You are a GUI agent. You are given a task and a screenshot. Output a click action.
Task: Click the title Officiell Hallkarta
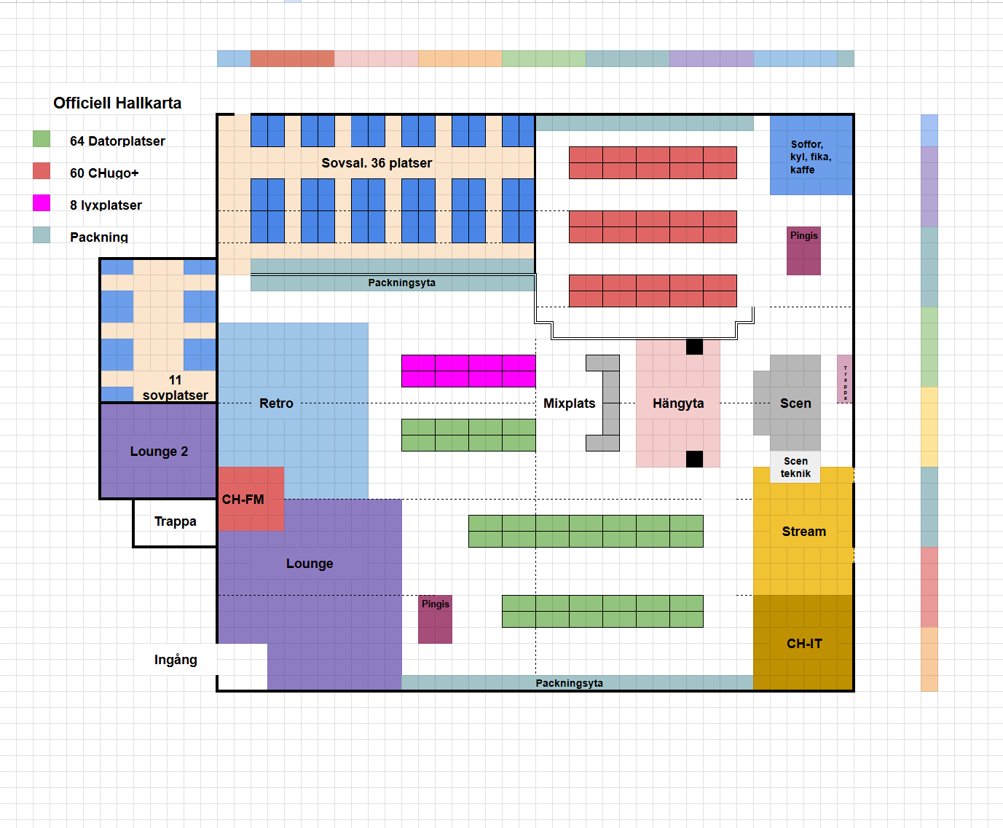click(117, 103)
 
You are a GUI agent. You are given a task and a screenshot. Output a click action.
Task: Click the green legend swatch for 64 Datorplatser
click(42, 138)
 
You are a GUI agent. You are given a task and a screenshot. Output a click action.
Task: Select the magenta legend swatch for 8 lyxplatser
click(42, 202)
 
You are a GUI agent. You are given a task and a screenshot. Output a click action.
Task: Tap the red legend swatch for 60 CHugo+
click(42, 170)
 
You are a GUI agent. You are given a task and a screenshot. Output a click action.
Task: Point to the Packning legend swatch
click(42, 234)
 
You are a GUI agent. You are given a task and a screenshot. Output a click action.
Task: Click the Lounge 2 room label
click(159, 452)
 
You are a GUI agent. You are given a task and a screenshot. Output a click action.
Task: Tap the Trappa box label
click(175, 521)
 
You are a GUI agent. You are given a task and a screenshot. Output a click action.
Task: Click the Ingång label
click(176, 660)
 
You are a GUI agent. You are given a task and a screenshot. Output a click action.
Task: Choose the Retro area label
click(276, 403)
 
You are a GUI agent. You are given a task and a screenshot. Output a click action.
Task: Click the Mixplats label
click(569, 403)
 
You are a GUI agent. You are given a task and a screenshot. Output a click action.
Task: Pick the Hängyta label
click(678, 403)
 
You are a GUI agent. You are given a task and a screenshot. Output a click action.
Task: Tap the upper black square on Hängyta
click(694, 347)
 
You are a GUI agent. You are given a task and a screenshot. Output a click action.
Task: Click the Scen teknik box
click(795, 468)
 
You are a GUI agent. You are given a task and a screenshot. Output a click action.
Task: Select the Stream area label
click(804, 532)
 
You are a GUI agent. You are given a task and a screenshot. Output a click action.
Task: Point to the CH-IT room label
click(804, 644)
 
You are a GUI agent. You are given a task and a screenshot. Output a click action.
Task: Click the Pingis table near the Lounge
click(435, 620)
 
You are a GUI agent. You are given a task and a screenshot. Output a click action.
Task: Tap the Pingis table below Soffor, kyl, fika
click(803, 251)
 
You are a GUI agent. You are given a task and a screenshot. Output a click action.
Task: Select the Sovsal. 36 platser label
click(377, 163)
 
